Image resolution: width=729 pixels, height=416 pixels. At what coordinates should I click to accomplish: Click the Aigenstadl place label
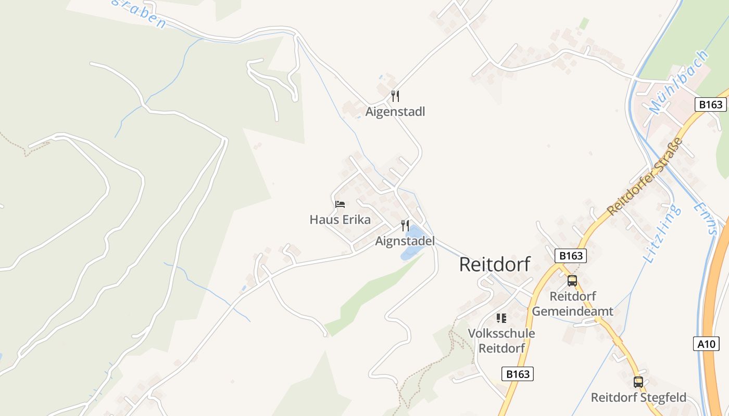coord(395,112)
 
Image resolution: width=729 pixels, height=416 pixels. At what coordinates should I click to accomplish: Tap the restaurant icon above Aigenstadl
coord(395,96)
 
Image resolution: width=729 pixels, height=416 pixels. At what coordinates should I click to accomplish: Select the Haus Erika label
coord(340,219)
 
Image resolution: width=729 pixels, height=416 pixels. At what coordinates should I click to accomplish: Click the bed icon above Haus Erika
coord(340,204)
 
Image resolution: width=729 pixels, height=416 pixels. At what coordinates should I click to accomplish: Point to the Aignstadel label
coord(405,241)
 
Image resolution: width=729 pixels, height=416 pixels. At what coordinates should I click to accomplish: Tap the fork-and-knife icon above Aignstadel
coord(405,226)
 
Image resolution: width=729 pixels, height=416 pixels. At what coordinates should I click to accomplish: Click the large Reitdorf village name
coord(494,264)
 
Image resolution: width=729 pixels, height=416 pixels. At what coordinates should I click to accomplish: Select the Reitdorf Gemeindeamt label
coord(572,304)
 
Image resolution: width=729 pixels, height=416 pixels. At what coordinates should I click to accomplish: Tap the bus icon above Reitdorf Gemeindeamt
coord(572,281)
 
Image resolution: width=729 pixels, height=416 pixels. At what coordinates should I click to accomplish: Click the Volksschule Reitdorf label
coord(501,341)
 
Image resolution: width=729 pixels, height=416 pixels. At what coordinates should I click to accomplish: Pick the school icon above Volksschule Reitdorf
coord(501,318)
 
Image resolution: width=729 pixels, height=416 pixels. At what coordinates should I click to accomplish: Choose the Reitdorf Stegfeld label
coord(638,398)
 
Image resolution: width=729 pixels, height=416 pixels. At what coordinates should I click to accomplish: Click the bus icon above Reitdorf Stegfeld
coord(638,382)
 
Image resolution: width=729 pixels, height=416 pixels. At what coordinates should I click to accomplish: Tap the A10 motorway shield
coord(707,344)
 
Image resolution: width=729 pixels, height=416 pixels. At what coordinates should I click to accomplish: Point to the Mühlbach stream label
coord(679,82)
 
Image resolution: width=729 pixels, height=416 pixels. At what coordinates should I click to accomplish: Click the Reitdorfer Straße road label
coord(645,176)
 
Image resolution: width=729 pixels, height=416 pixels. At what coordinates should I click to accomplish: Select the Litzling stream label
coord(662,234)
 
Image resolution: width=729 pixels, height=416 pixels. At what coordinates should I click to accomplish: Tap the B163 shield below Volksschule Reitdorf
coord(518,374)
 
